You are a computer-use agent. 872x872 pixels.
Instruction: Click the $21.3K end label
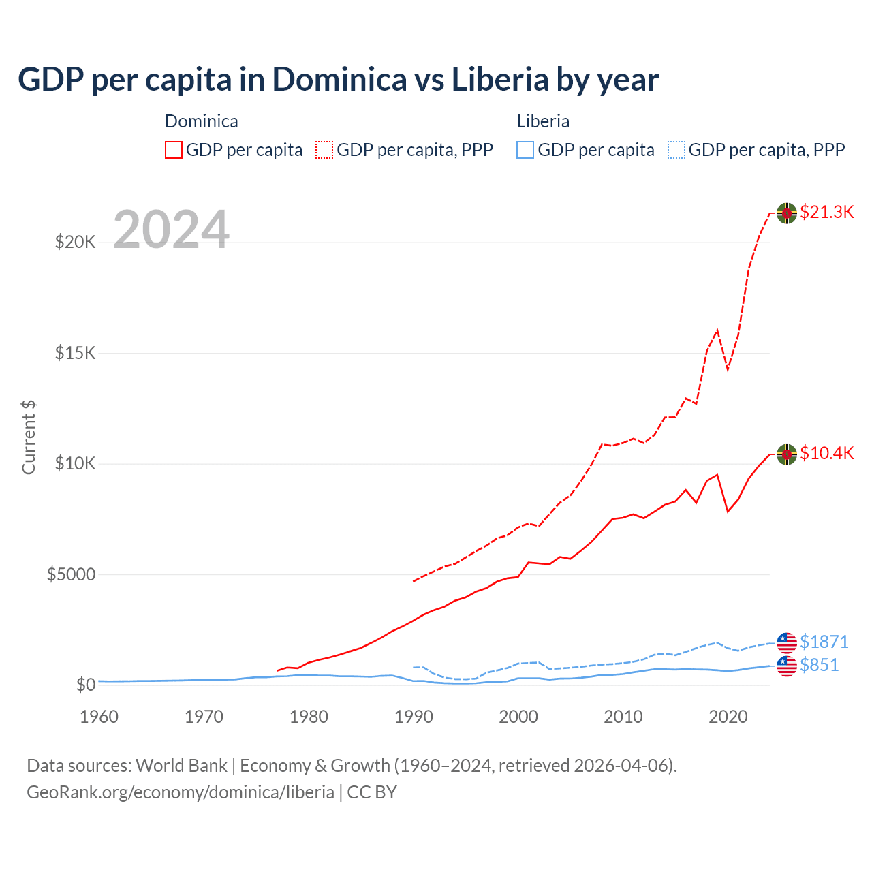(826, 212)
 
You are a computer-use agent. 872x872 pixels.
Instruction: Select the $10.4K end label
(826, 453)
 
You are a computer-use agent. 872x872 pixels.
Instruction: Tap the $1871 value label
(824, 642)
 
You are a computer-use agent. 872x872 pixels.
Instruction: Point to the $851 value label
(819, 665)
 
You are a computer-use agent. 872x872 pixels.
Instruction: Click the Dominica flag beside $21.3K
(787, 213)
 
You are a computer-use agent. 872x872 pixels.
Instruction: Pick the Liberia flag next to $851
(787, 666)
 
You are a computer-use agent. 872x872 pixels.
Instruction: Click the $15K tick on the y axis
(75, 353)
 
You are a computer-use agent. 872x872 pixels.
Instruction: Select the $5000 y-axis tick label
(71, 574)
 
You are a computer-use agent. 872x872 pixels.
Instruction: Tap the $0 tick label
(85, 685)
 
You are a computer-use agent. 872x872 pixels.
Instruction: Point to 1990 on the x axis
(414, 717)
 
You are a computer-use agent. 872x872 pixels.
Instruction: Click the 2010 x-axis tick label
(623, 717)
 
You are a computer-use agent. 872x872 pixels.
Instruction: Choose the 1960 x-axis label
(99, 717)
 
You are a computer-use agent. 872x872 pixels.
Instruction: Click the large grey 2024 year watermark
(171, 230)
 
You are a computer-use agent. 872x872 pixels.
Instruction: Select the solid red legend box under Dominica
(174, 150)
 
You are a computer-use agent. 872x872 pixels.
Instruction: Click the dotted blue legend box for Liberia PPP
(676, 150)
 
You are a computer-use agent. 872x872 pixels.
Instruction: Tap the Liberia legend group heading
(543, 121)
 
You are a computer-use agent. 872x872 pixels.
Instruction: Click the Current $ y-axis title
(29, 437)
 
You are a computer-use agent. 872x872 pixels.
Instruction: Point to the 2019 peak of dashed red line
(717, 330)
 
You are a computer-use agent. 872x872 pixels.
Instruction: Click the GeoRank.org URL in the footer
(181, 792)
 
